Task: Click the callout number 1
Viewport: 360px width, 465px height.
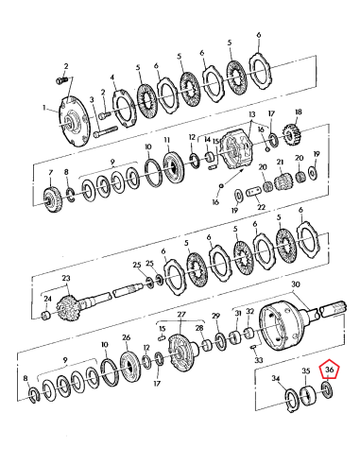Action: coord(43,109)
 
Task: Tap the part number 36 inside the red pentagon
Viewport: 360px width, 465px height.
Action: coord(329,370)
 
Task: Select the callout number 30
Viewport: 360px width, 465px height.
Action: coord(295,284)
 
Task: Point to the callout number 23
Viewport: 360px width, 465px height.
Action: coord(66,279)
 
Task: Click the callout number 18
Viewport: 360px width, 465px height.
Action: coord(299,112)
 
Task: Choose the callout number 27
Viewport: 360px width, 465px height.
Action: coord(182,315)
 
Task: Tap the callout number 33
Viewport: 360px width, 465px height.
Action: coord(260,360)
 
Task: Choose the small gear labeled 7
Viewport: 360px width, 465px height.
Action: coord(53,198)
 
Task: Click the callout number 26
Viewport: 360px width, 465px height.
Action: coord(126,336)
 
